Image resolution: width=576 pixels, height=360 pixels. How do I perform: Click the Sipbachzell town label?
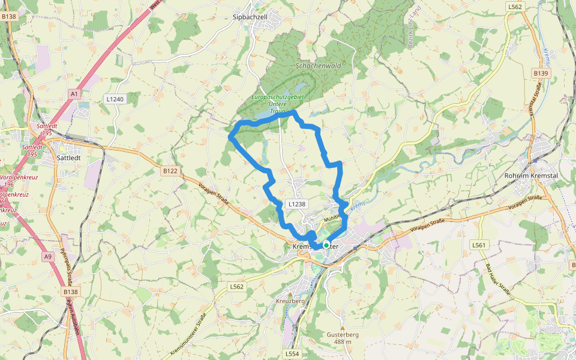pos(250,17)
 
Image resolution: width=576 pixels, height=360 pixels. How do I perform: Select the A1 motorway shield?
pos(74,94)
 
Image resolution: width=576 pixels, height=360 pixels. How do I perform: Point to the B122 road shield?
pos(170,171)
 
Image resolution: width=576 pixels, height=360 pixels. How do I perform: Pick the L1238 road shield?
pos(296,204)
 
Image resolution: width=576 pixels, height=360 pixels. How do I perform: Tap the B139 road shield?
pos(541,73)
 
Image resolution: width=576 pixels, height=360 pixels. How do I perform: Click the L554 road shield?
pos(292,354)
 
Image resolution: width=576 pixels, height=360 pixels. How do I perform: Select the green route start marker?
pos(326,245)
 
